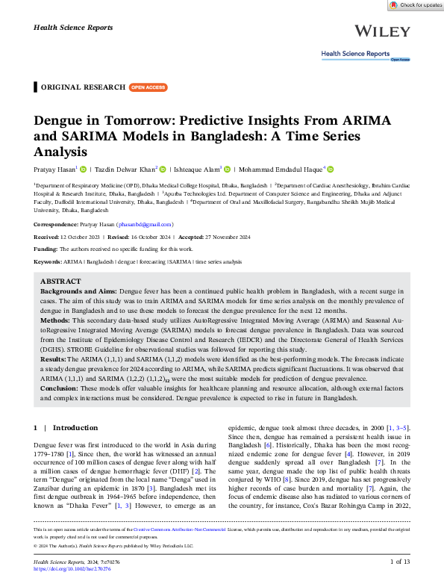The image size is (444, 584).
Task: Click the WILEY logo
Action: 382,31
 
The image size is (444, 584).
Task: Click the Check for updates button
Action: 416,5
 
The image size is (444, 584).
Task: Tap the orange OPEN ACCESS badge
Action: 148,87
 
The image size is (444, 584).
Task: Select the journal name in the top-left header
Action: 73,27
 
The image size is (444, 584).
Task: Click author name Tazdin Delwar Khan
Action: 123,170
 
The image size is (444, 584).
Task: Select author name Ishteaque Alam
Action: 196,170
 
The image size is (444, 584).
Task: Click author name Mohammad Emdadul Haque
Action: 282,170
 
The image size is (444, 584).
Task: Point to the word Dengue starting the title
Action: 62,121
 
